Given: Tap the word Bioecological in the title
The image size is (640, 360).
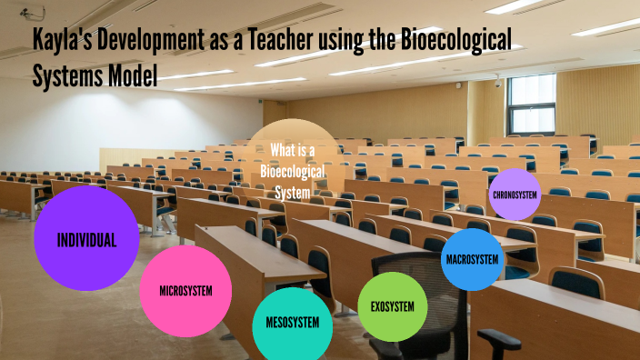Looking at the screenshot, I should tap(455, 40).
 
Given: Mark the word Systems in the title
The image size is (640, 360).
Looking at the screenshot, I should tap(63, 75).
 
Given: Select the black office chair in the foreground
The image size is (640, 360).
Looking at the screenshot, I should tap(427, 309).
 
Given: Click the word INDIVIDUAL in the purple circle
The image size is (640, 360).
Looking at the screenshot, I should tap(86, 241).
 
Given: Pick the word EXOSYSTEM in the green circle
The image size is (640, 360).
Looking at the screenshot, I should tap(393, 306).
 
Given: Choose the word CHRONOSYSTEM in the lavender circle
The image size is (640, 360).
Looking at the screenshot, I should tap(515, 195).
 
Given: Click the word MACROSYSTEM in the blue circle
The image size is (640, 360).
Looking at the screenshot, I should tap(472, 259).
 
